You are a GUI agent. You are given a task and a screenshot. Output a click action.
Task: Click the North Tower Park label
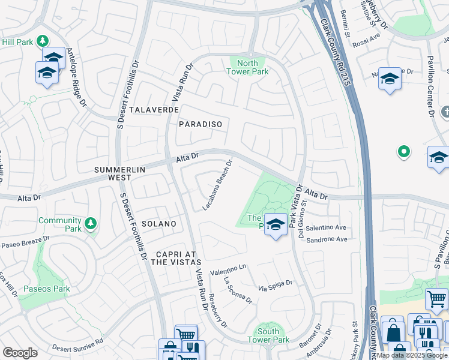(x=247, y=67)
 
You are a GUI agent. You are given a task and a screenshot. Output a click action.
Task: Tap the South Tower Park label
(x=268, y=335)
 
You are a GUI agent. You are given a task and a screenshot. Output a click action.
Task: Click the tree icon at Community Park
(x=91, y=224)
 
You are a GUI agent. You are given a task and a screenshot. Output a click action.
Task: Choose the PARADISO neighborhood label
(x=200, y=124)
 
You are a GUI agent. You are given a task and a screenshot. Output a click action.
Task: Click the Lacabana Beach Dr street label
(x=218, y=185)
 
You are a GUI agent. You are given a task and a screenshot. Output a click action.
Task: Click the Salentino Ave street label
(x=327, y=228)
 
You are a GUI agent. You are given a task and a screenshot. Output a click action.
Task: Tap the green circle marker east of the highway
(x=404, y=152)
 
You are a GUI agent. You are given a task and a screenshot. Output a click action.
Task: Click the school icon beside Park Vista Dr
(x=276, y=225)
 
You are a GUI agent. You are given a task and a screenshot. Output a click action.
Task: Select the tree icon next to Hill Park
(x=43, y=41)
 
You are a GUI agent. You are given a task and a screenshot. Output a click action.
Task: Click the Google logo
(x=20, y=353)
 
